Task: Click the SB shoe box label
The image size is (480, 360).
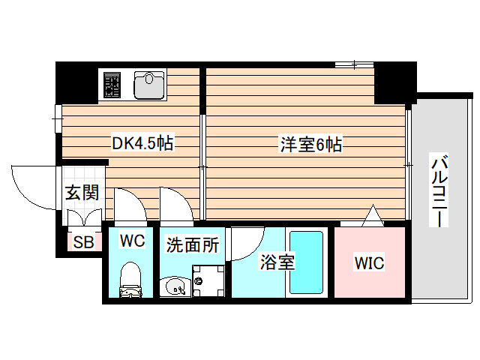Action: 82,241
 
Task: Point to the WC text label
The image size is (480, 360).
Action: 132,241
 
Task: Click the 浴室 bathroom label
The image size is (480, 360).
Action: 277,262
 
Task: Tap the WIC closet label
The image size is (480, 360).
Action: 369,262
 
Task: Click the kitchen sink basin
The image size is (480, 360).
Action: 149,85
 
